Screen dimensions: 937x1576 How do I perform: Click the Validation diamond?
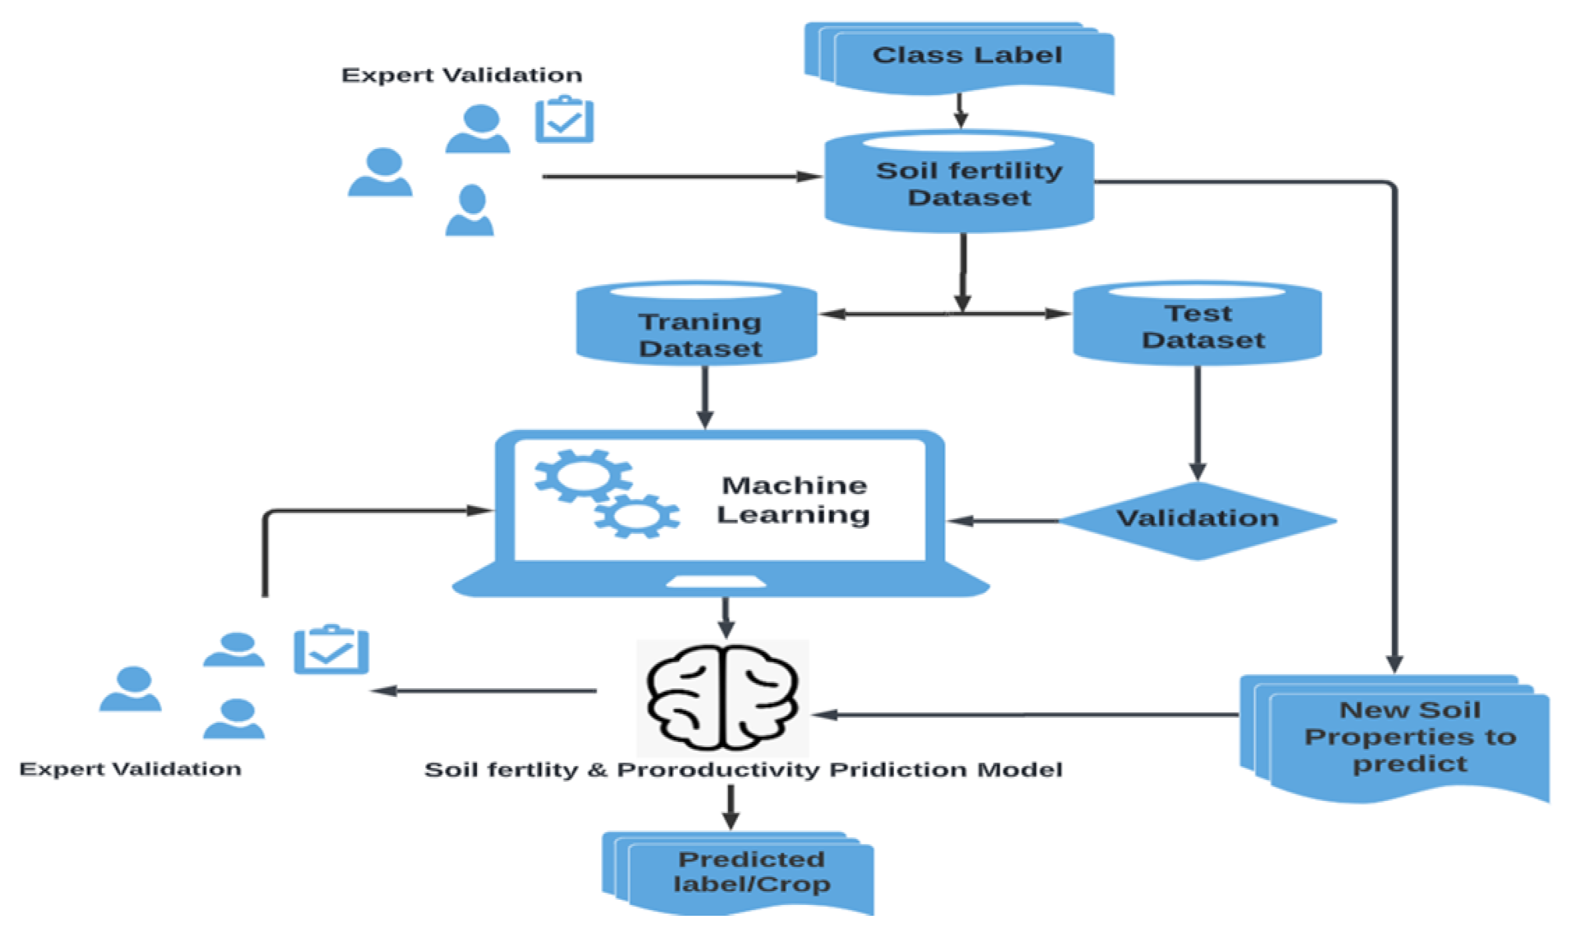[1197, 519]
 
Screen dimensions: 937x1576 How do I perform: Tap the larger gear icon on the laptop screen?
[583, 476]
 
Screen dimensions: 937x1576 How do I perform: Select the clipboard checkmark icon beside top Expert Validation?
[564, 120]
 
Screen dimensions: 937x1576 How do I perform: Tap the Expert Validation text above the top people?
[462, 75]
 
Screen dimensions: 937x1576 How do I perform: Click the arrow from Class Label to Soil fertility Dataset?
[960, 111]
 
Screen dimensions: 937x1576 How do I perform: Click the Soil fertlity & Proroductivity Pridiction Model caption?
[742, 770]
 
